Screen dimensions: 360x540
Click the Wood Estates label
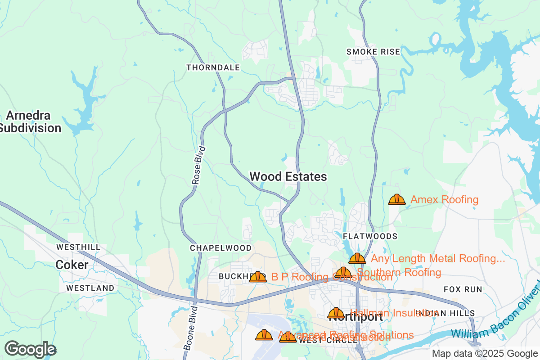[x=288, y=177]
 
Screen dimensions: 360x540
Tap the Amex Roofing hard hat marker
[x=397, y=199]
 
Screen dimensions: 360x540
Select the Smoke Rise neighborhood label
[x=373, y=52]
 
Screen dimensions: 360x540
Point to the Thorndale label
[x=213, y=67]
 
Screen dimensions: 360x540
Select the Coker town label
[x=72, y=265]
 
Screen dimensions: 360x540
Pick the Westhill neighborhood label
[x=78, y=247]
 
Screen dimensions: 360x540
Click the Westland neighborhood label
[x=90, y=288]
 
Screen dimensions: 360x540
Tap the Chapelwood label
[x=220, y=248]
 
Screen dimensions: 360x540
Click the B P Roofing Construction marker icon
[x=258, y=277]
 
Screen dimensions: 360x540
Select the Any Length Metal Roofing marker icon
[x=357, y=258]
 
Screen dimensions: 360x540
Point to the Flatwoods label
[x=370, y=236]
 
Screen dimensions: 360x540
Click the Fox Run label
[x=463, y=289]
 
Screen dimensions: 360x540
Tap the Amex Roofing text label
[x=444, y=199]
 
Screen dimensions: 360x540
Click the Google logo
[x=31, y=349]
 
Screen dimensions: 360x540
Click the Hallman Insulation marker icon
[x=336, y=313]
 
